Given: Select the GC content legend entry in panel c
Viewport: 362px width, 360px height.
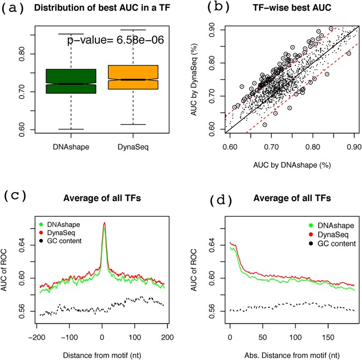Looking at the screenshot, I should tap(62, 240).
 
